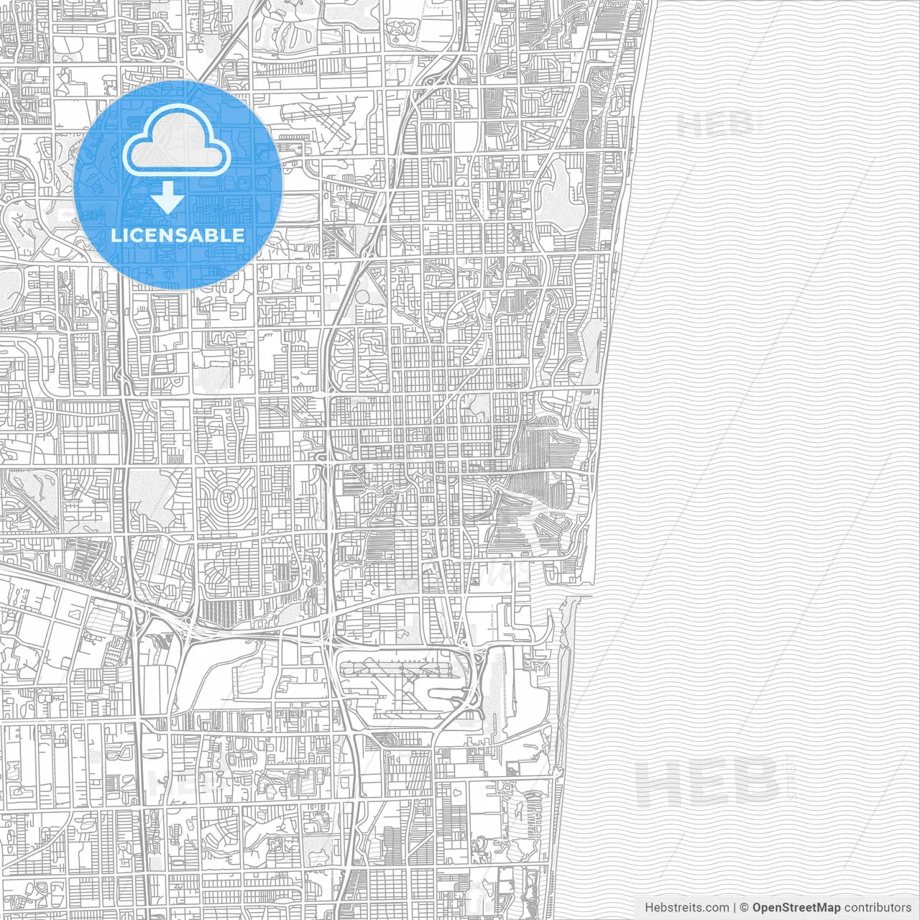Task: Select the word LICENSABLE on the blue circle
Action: pyautogui.click(x=178, y=235)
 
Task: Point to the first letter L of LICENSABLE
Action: pyautogui.click(x=116, y=235)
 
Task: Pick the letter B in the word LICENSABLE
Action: pyautogui.click(x=216, y=235)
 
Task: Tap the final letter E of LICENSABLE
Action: pyautogui.click(x=238, y=235)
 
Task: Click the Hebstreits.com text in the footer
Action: pyautogui.click(x=686, y=908)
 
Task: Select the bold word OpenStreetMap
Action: pyautogui.click(x=796, y=908)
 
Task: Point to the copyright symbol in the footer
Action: pyautogui.click(x=745, y=908)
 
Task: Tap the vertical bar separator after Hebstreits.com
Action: pyautogui.click(x=734, y=908)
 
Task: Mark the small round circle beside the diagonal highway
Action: pyautogui.click(x=363, y=296)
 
